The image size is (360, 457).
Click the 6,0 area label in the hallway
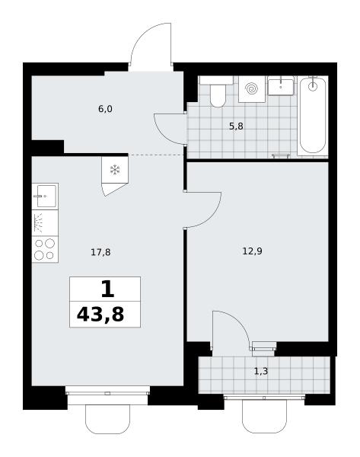[x=105, y=109]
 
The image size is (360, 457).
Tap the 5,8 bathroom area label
[x=236, y=126]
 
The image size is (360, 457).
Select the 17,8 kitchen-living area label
[x=100, y=252]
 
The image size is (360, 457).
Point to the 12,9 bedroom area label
[x=252, y=251]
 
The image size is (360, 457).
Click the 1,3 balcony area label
[x=261, y=372]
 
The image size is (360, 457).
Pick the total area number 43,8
[x=100, y=315]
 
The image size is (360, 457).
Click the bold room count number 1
[x=107, y=289]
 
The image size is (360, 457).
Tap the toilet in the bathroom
[x=218, y=92]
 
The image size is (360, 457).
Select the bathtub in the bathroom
[x=313, y=115]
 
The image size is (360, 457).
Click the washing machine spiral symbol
[x=251, y=88]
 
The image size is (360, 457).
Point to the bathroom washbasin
[x=281, y=85]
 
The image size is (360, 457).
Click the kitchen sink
[x=45, y=197]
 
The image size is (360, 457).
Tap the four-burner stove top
[x=45, y=249]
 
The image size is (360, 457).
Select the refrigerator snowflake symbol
[x=115, y=170]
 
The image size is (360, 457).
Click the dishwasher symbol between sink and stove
[x=45, y=222]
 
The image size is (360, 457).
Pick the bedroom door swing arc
[x=212, y=216]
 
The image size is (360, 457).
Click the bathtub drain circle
[x=313, y=86]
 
